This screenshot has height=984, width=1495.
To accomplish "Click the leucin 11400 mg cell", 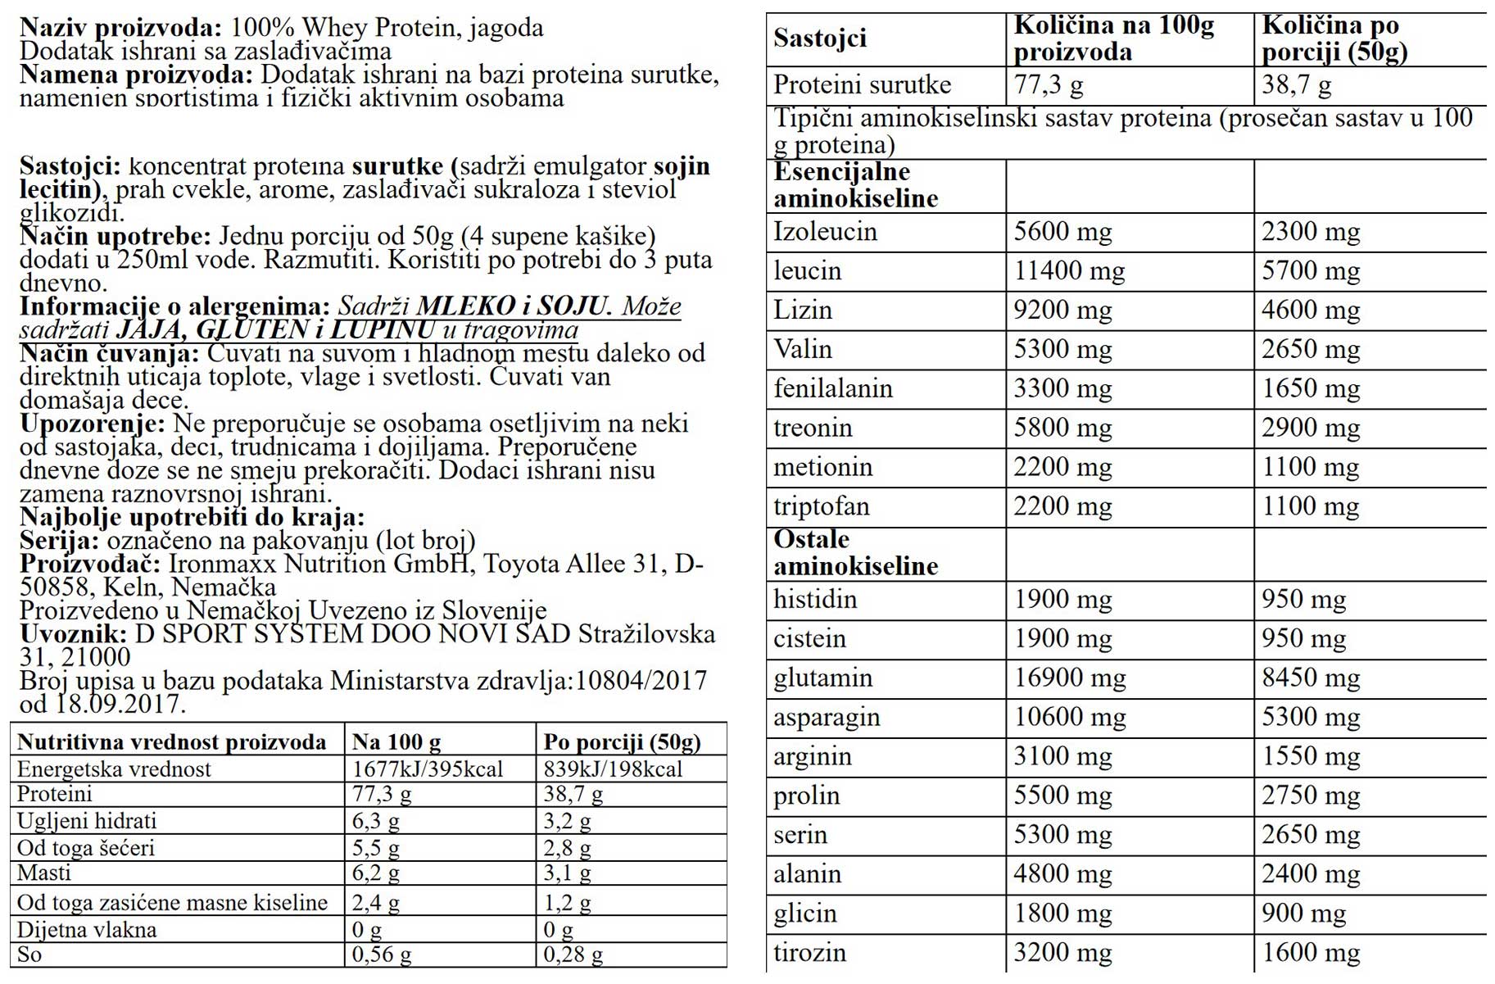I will [x=1069, y=271].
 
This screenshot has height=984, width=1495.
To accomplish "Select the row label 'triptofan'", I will [x=821, y=506].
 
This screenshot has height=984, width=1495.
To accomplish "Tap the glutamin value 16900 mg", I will [x=1069, y=678].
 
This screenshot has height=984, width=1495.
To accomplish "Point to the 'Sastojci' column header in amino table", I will [x=819, y=39].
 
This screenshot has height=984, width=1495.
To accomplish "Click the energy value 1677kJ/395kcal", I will [x=427, y=769].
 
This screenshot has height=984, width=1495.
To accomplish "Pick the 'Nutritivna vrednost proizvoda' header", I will [x=171, y=742].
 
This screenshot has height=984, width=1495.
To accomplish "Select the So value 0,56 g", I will [x=381, y=955].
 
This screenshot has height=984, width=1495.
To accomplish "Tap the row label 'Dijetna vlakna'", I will [x=86, y=930].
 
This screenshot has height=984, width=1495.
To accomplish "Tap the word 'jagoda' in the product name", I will [x=506, y=28].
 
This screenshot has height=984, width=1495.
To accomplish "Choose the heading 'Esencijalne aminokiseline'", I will [x=855, y=185].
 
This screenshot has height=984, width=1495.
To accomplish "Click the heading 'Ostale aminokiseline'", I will [x=855, y=553].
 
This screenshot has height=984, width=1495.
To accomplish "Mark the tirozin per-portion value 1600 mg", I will [x=1310, y=953].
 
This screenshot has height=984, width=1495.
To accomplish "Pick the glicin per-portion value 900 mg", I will [x=1302, y=914].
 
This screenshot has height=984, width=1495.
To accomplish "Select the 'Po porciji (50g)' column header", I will [x=622, y=742].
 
